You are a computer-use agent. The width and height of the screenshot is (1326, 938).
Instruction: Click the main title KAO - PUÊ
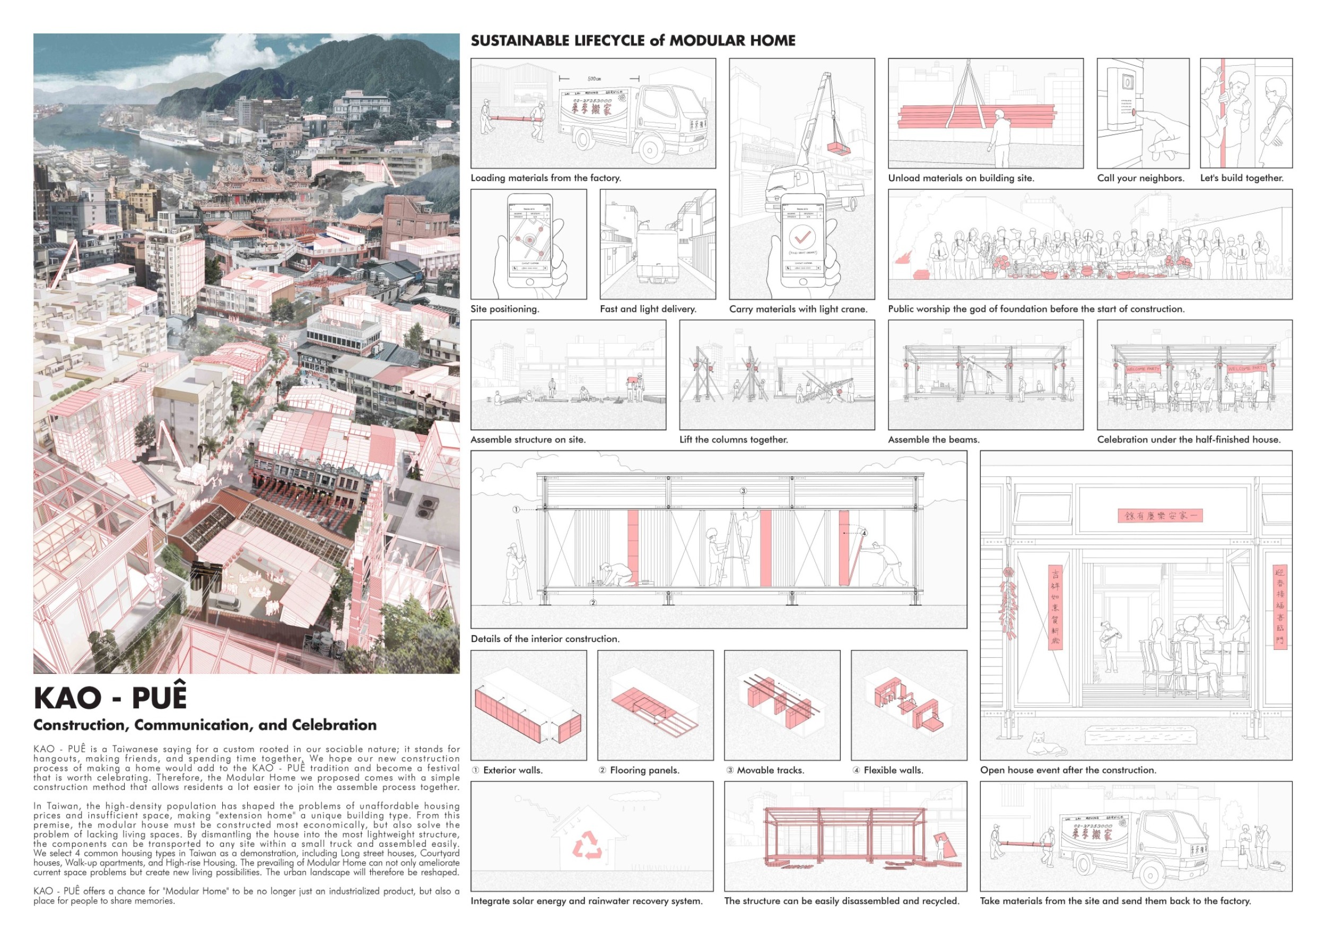(x=110, y=697)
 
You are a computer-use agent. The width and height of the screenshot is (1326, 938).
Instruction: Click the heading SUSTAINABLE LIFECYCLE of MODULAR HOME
(x=633, y=40)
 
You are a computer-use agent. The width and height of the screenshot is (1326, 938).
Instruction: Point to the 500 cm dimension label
(x=594, y=79)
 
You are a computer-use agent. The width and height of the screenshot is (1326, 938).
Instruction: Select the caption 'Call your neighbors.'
(x=1140, y=178)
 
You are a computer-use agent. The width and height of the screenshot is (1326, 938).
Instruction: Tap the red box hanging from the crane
(x=837, y=148)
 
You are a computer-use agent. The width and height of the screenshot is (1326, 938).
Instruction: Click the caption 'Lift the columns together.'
(x=734, y=439)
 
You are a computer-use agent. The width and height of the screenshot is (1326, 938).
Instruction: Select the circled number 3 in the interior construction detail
(x=743, y=491)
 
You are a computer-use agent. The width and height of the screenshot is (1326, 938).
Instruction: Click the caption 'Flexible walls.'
(x=893, y=770)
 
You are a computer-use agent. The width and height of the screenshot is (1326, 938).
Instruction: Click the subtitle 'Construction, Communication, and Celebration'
(x=205, y=725)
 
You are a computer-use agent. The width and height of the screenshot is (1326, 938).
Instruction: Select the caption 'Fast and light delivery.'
(x=648, y=309)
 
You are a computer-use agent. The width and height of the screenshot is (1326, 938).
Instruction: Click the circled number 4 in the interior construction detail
(x=864, y=533)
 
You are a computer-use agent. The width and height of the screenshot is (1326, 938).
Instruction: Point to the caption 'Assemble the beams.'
(x=934, y=439)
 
